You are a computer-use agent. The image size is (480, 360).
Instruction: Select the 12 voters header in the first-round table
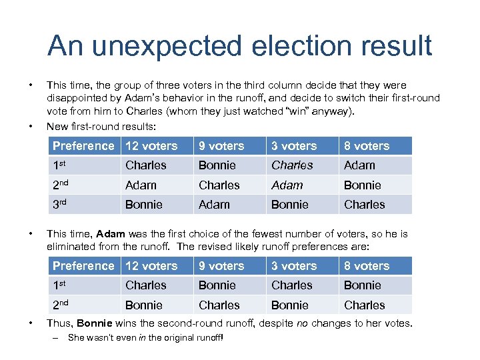[x=151, y=146]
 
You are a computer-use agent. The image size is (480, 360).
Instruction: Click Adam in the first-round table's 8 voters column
[x=359, y=165]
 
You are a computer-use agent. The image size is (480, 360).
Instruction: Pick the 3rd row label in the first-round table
[x=62, y=205]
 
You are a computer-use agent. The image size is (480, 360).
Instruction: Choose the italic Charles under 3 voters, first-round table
[x=291, y=165]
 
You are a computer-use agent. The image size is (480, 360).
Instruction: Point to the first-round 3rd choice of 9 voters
[x=214, y=205]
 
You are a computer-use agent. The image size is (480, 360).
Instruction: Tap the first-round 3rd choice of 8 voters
[x=364, y=205]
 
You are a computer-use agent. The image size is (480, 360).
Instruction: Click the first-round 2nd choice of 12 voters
[x=141, y=185]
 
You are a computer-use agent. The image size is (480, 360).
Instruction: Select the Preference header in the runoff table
[x=83, y=266]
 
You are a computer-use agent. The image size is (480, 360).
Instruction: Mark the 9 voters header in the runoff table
[x=221, y=266]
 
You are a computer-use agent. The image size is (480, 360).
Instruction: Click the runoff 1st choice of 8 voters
[x=362, y=285]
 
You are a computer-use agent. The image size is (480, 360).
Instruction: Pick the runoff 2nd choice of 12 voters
[x=143, y=305]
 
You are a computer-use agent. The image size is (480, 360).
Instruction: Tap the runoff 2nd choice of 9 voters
[x=219, y=305]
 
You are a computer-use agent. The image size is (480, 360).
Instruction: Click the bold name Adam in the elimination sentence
[x=111, y=234]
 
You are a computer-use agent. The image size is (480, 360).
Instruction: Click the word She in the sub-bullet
[x=76, y=338]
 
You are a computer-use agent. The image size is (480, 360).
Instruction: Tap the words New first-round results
[x=99, y=126]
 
